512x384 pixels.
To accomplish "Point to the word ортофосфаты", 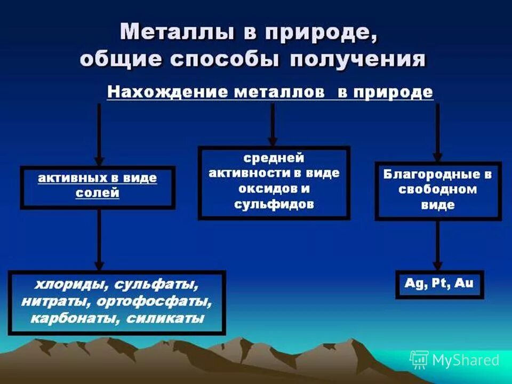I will (x=155, y=301).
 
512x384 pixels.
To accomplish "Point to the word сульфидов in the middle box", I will (x=274, y=204).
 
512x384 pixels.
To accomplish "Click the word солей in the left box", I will (x=97, y=193).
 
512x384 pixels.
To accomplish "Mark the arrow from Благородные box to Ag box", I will (x=437, y=245).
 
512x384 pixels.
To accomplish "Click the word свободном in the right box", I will (x=438, y=190).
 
